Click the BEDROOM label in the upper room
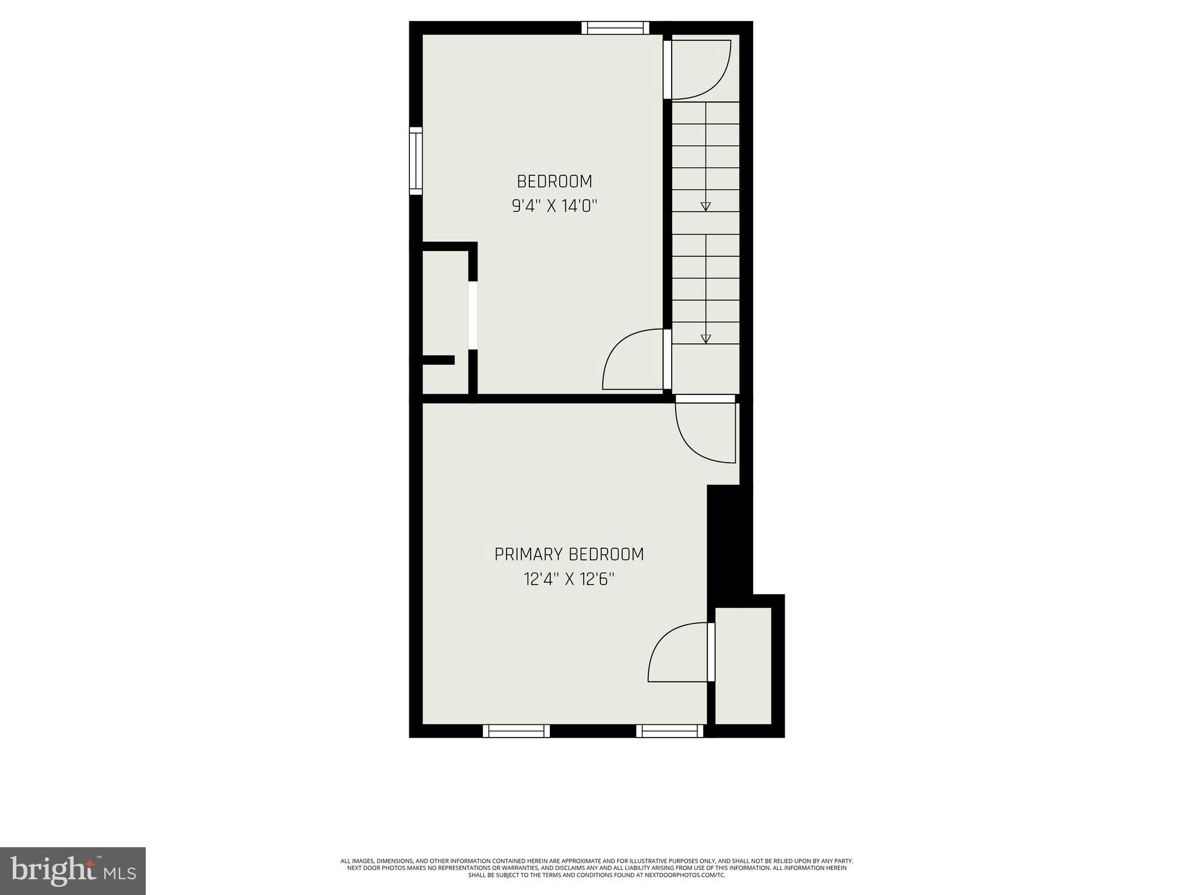click(x=554, y=182)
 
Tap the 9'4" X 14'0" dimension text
click(x=554, y=206)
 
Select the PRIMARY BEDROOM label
click(x=569, y=554)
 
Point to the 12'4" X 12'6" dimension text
click(x=569, y=579)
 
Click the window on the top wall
click(x=615, y=27)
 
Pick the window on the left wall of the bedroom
click(x=415, y=161)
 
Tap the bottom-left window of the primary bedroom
click(x=516, y=731)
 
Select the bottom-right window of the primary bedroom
click(x=669, y=731)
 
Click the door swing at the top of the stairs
click(x=700, y=69)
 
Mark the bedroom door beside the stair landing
click(x=634, y=360)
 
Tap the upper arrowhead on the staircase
click(x=705, y=206)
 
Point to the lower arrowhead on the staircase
click(x=705, y=339)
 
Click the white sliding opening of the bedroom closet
click(x=473, y=316)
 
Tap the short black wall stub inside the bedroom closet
click(x=437, y=360)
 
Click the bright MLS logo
click(x=73, y=871)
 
